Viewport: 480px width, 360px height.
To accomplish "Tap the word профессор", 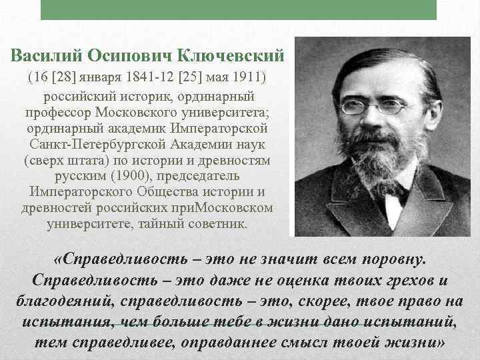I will click(59, 112).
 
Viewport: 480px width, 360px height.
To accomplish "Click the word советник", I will click(217, 223).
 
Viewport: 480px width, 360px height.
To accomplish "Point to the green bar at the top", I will click(239, 10).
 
